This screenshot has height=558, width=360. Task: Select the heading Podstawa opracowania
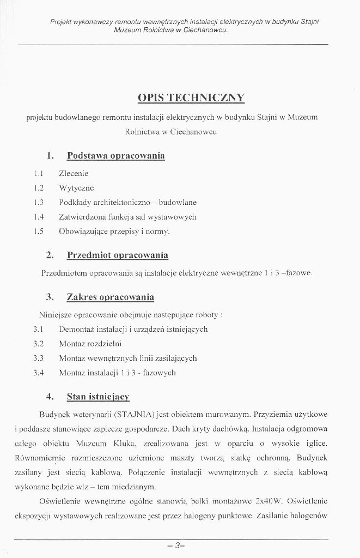[x=115, y=156]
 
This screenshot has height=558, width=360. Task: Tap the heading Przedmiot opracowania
[x=117, y=255]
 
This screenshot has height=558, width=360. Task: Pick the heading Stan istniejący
[x=102, y=396]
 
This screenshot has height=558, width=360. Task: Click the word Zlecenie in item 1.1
[x=74, y=174]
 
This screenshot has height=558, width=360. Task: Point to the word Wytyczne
[x=76, y=188]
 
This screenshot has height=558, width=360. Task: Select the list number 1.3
[x=38, y=202]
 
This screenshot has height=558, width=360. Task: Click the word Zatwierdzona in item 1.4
[x=82, y=217]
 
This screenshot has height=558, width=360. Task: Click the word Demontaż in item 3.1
[x=77, y=329]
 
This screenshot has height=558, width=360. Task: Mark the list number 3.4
[x=38, y=373]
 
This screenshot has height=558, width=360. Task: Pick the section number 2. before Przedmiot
[x=50, y=255]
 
